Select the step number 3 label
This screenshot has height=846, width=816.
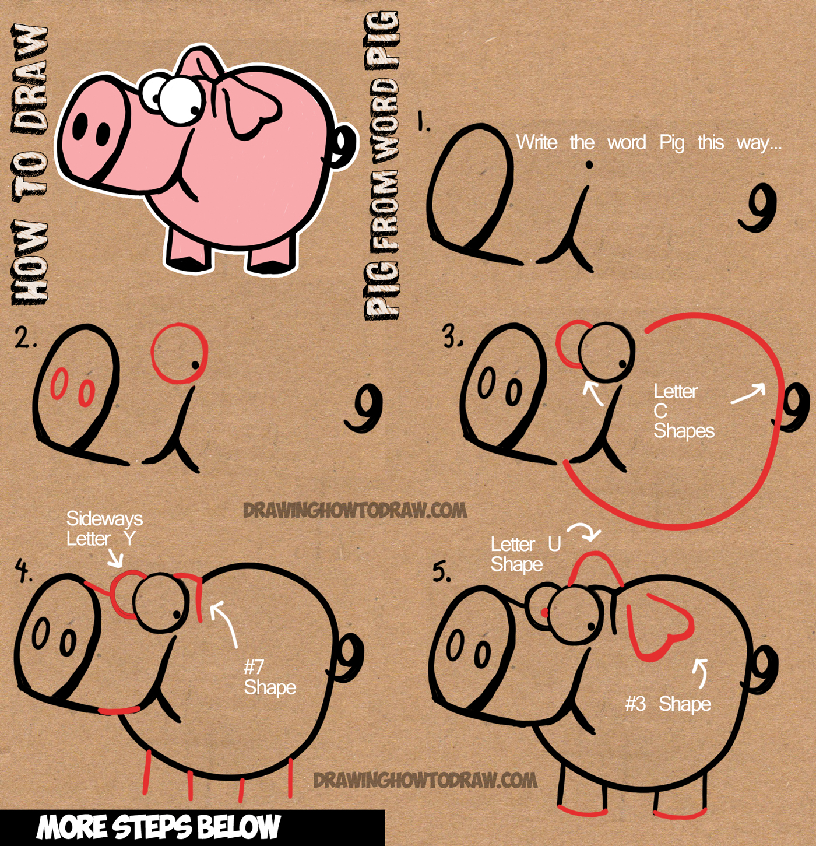click(x=452, y=336)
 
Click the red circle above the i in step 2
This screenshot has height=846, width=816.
click(x=179, y=353)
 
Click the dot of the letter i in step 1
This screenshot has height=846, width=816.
click(x=589, y=166)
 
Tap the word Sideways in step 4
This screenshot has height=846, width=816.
click(x=104, y=518)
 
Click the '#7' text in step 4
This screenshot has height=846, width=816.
click(x=254, y=666)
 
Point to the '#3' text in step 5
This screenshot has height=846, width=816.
click(x=636, y=704)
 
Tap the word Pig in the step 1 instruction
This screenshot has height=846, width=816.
click(x=671, y=143)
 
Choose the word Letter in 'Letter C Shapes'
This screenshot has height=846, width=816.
click(x=675, y=391)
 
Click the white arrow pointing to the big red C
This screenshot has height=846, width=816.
click(x=748, y=394)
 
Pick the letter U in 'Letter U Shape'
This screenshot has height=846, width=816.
click(x=554, y=545)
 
